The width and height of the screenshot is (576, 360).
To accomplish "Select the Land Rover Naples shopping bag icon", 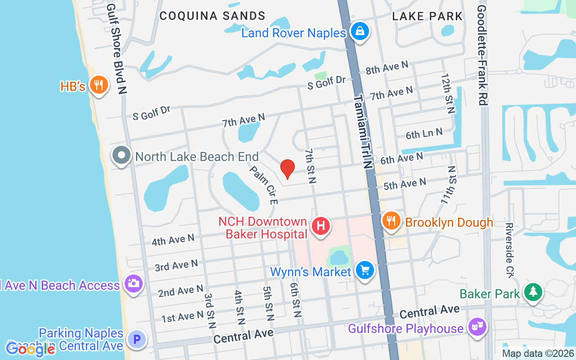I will tap(360, 31).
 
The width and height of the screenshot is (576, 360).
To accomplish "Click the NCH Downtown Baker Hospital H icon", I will tap(320, 225).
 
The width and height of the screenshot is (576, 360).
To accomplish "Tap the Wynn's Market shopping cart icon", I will tap(364, 270).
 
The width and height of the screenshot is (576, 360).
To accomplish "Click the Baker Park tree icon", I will tap(533, 292).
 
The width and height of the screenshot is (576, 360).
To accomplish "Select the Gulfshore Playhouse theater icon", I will tap(477, 326).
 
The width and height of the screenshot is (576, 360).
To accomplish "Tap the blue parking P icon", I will tap(137, 339).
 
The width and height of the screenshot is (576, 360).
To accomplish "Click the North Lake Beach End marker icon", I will tap(121, 156).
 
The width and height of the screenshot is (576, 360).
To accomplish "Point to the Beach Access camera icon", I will tap(133, 283).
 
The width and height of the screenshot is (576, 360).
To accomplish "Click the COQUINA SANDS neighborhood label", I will tap(212, 16).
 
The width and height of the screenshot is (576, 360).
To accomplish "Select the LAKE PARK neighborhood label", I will tap(427, 17).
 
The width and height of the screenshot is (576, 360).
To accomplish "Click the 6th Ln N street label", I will tap(424, 134).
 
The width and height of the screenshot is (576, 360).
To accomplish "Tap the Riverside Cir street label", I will tap(509, 250).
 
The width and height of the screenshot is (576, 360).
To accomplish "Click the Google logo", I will tap(31, 349).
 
